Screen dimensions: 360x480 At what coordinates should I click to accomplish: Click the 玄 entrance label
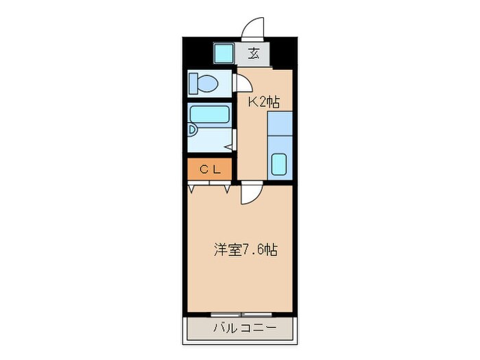253,53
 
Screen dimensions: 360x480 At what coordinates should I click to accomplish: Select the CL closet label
211,169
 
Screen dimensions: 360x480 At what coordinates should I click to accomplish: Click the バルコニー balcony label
243,329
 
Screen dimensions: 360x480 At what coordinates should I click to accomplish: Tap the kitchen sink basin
279,164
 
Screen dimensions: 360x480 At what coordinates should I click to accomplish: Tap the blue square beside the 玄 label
223,53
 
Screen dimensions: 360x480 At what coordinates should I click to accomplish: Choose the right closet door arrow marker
226,186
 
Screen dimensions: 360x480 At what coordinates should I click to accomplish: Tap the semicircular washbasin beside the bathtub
193,130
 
